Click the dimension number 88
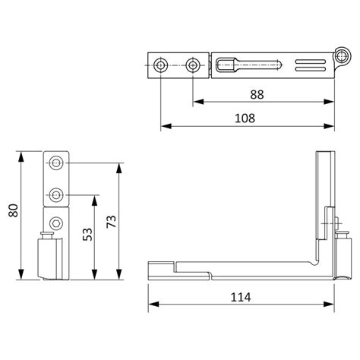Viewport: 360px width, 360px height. pos(259,94)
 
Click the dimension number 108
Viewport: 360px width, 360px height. pos(244,118)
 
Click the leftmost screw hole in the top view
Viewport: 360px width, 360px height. pos(159,65)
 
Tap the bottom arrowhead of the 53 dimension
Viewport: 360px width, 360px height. pos(95,277)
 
